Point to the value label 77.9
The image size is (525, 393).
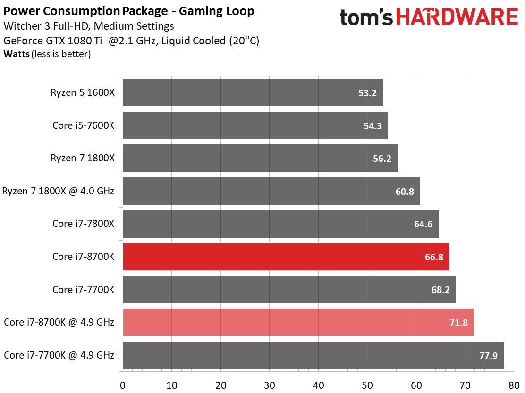click(488, 355)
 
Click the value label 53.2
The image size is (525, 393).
click(367, 93)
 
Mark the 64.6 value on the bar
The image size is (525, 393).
click(423, 224)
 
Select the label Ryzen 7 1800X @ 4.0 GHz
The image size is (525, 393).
click(58, 191)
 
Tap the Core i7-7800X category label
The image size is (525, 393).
click(83, 224)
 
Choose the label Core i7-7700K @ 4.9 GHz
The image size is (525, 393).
click(59, 355)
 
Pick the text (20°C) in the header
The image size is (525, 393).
click(244, 41)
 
